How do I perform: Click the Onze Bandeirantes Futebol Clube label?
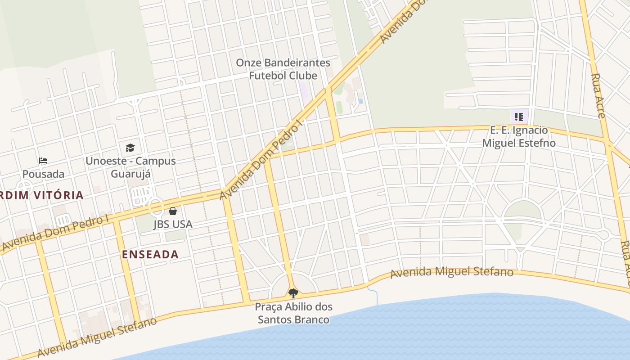(x=283, y=69)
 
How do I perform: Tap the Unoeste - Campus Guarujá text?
(x=130, y=167)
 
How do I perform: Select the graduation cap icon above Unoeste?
(x=130, y=148)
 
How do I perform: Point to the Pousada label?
(x=43, y=174)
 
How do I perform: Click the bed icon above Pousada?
(x=43, y=160)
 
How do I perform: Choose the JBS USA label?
(x=173, y=224)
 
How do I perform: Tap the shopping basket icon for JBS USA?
(x=173, y=211)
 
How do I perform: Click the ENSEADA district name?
(x=150, y=254)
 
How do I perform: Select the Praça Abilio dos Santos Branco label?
(x=293, y=313)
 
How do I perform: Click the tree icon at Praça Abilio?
(x=293, y=293)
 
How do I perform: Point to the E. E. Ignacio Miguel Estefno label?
(x=519, y=137)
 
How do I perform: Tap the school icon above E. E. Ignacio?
(x=519, y=117)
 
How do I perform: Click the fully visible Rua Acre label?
(x=598, y=96)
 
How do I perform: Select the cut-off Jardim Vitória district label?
(x=41, y=195)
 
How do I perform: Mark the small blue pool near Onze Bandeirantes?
(x=361, y=101)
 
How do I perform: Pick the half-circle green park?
(x=522, y=211)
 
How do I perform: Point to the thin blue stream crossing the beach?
(x=373, y=295)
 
